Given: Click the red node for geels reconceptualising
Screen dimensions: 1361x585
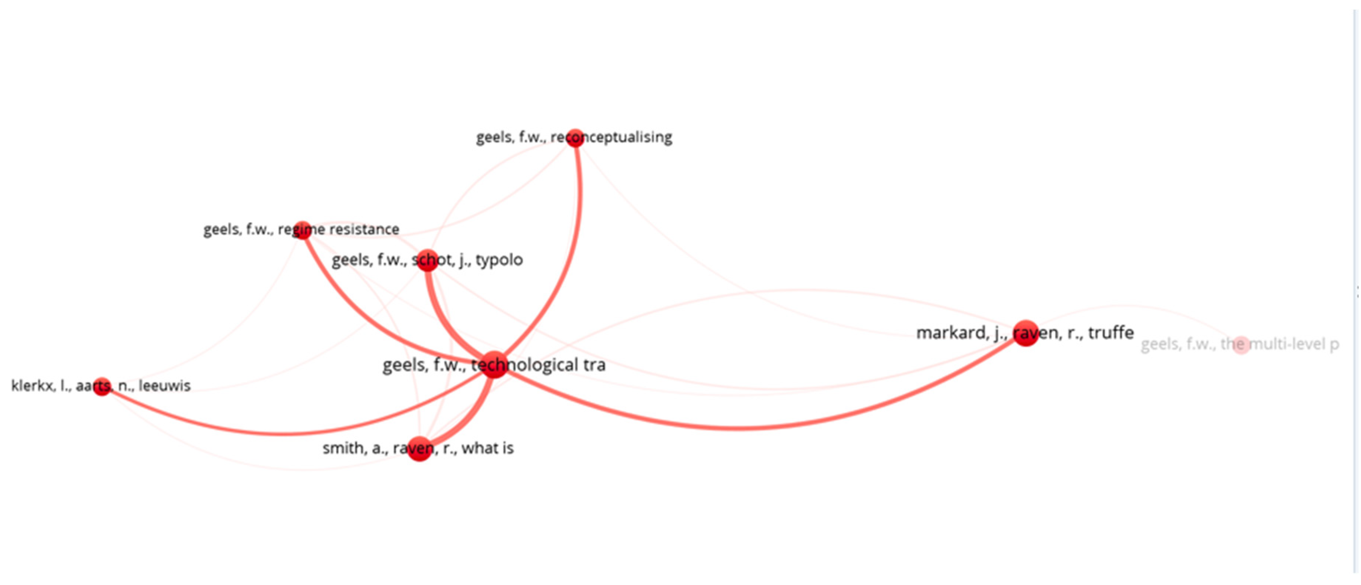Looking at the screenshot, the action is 575,138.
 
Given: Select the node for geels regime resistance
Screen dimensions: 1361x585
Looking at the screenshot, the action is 302,230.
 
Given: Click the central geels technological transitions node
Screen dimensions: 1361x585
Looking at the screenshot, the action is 494,364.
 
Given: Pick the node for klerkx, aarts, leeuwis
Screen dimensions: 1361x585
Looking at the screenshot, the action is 101,386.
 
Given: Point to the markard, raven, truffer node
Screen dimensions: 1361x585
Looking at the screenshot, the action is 1026,333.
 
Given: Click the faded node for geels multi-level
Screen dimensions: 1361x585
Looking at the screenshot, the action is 1241,345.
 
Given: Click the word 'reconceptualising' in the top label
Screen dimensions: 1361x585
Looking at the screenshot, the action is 612,137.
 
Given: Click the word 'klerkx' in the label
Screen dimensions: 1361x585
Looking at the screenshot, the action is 33,386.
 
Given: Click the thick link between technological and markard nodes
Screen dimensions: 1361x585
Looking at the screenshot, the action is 740,428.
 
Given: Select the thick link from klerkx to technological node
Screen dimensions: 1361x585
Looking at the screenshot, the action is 285,433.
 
